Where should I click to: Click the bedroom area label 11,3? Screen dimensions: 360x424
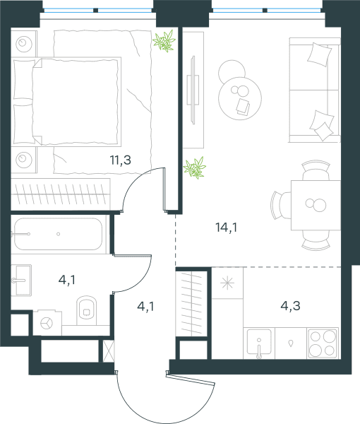121,160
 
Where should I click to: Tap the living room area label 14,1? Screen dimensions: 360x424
227,228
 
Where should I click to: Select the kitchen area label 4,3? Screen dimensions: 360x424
291,306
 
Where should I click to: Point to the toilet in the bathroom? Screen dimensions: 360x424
87,310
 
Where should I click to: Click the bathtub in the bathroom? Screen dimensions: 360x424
58,234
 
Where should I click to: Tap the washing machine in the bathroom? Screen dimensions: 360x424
47,323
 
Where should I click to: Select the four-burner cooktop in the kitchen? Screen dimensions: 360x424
323,343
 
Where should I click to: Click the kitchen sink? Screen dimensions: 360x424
259,342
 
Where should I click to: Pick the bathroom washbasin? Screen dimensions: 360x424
22,280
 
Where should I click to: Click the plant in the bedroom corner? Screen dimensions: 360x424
164,41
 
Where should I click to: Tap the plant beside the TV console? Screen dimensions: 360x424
195,168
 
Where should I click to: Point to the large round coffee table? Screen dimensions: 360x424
240,98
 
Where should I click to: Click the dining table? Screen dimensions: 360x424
316,205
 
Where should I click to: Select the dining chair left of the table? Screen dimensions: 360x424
280,205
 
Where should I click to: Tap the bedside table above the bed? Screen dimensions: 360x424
24,44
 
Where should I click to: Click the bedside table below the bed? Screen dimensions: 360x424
24,160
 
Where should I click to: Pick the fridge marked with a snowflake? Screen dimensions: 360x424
227,283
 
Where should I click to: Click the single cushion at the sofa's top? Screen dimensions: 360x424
320,54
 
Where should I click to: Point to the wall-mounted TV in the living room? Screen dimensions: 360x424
193,90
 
